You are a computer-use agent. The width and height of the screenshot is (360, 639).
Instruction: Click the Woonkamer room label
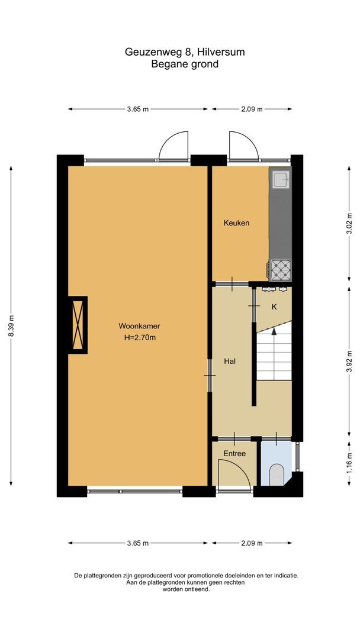click(x=139, y=326)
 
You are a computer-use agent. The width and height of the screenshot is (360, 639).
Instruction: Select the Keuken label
click(x=236, y=223)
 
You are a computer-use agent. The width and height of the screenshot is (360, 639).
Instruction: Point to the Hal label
click(x=230, y=361)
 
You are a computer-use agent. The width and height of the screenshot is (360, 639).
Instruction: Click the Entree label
click(x=234, y=453)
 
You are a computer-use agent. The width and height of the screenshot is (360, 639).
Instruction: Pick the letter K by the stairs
click(x=274, y=307)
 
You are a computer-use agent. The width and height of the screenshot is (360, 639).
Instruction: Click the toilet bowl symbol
click(x=277, y=475)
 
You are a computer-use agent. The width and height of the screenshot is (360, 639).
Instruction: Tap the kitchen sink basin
click(x=280, y=178)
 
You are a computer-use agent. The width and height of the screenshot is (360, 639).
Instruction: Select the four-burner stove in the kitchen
click(x=281, y=270)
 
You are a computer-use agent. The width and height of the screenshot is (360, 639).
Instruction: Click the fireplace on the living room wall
click(x=78, y=325)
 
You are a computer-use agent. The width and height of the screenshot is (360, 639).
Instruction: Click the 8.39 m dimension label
click(x=11, y=326)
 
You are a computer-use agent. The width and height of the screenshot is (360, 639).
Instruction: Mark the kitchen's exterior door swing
click(x=243, y=144)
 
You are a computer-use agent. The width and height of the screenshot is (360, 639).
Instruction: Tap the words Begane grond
click(x=185, y=64)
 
